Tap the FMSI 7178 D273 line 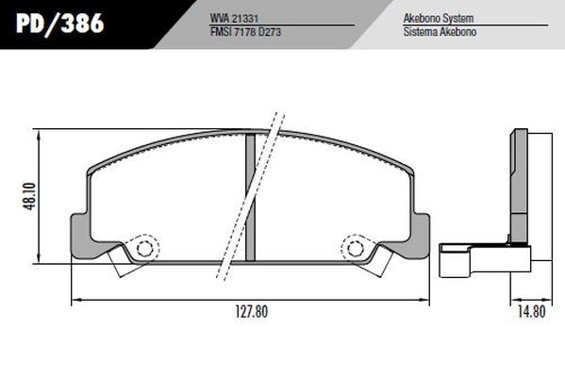(x=247, y=31)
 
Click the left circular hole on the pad (x=145, y=249)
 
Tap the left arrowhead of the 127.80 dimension (x=76, y=300)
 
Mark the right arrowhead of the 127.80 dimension (x=426, y=300)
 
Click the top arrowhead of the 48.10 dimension (x=39, y=133)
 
